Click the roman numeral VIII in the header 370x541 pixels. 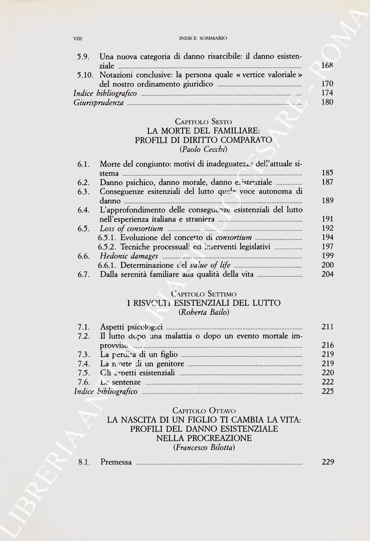78,38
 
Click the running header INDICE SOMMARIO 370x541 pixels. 203,38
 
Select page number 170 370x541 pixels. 327,84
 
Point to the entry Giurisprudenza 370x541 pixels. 98,102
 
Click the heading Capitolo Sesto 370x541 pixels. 203,122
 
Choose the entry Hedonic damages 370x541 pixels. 129,256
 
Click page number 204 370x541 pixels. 327,275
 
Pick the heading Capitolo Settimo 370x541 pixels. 203,294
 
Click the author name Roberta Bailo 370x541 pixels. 203,312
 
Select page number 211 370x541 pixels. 327,327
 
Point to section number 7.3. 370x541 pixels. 84,354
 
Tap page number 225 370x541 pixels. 327,391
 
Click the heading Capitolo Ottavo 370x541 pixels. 203,410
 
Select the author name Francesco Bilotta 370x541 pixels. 203,448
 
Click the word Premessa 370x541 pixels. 116,462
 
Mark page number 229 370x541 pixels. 327,462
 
